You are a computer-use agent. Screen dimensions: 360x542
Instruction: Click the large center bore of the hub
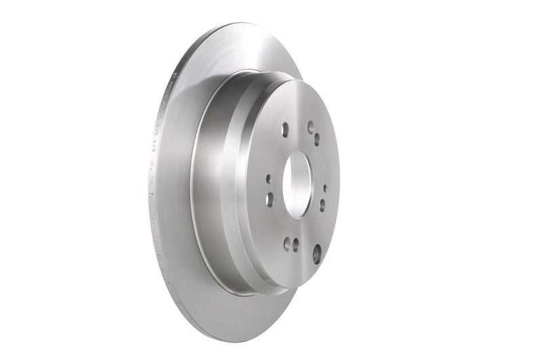(x=296, y=180)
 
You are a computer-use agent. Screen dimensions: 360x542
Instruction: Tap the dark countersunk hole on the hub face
(x=316, y=254)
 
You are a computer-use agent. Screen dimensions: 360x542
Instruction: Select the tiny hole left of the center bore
(x=268, y=179)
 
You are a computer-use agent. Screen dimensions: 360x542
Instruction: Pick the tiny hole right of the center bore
(x=325, y=188)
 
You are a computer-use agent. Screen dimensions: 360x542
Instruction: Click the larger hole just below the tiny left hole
(x=270, y=199)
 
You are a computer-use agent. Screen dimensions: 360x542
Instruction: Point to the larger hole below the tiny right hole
(x=322, y=204)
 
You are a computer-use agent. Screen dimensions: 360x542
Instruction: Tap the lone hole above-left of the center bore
(x=285, y=128)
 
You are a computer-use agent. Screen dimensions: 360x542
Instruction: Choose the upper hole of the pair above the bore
(x=311, y=125)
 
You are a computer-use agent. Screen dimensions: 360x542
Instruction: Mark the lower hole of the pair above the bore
(x=316, y=139)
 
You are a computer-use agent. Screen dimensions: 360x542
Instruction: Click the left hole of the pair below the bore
(x=286, y=244)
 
